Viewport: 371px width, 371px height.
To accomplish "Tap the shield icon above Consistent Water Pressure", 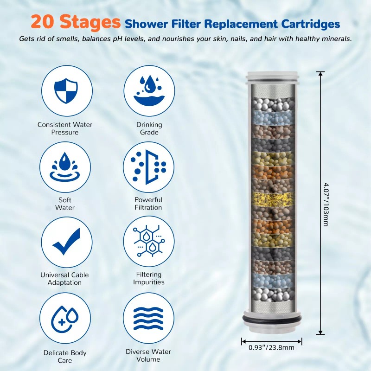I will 67,90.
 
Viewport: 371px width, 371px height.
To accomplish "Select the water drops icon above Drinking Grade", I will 149,90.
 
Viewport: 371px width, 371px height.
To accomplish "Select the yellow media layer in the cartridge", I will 272,200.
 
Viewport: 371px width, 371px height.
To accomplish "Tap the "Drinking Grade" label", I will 149,128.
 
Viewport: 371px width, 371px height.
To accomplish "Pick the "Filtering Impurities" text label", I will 149,278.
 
